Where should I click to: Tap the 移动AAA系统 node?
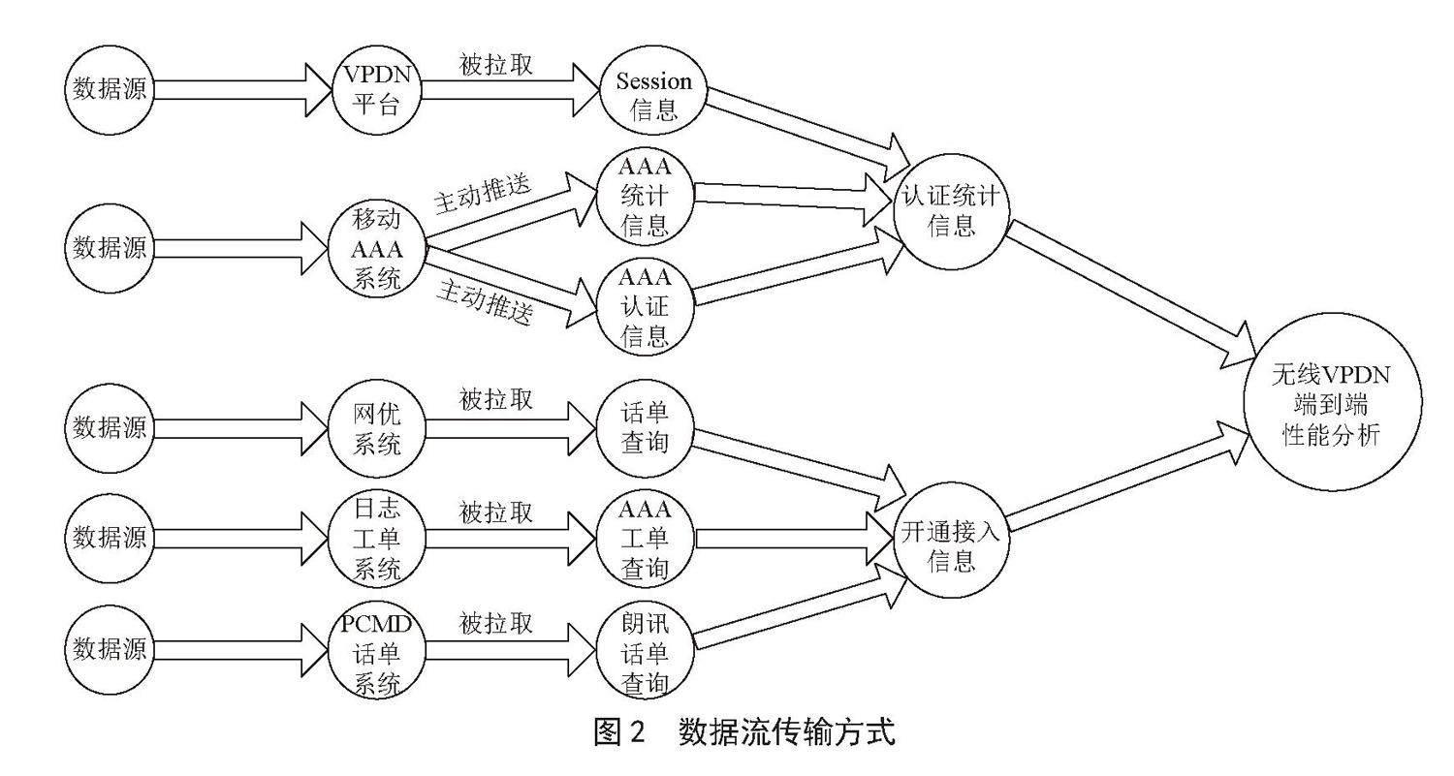376,249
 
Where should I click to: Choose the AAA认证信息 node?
645,307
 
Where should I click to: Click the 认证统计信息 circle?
951,211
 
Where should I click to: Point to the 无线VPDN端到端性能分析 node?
1332,402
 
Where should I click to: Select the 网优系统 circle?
376,428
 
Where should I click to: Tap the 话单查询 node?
645,428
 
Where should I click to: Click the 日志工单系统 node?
376,539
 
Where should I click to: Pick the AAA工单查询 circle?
645,539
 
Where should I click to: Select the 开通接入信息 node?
951,540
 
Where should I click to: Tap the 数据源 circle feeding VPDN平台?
110,89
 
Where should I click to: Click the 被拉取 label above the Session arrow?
496,64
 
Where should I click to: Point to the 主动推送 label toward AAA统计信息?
482,193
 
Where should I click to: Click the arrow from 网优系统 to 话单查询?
510,428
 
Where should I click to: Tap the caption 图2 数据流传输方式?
744,732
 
